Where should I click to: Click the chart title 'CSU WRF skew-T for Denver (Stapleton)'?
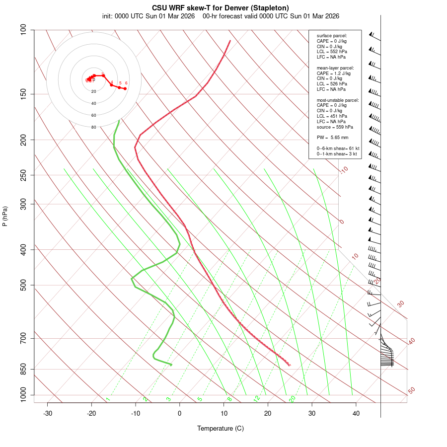coord(221,7)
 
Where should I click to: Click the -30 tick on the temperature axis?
coord(48,413)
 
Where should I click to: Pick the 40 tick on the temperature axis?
coord(356,413)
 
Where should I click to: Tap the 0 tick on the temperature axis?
coord(180,413)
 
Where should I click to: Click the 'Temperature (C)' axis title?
coord(221,428)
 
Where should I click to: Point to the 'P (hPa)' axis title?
coord(5,216)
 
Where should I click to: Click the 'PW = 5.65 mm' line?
coord(332,137)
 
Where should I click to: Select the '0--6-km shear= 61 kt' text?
coord(338,149)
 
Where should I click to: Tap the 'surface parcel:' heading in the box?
coord(332,36)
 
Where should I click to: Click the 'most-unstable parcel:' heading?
coord(337,100)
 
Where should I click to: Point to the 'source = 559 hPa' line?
coord(335,127)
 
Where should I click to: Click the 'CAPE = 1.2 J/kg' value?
coord(333,73)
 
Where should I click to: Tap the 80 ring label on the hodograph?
coord(93,127)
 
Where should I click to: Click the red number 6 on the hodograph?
coord(126,83)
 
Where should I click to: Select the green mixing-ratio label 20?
coord(292,399)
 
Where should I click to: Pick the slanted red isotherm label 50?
coord(411,390)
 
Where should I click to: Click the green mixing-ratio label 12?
coord(257,399)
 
